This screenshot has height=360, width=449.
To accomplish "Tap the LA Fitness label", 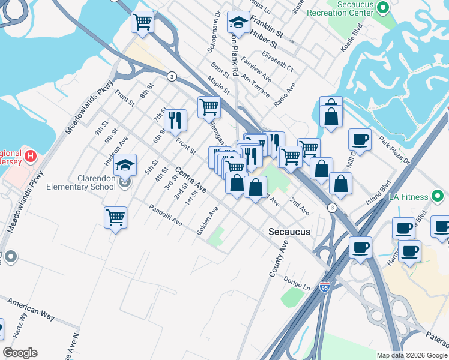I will [411, 197].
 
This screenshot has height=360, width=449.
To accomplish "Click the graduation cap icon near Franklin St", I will [238, 23].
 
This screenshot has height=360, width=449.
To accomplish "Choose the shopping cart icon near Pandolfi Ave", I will [115, 218].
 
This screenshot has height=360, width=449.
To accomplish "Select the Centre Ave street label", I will [191, 180].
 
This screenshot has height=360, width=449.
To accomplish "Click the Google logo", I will [20, 353].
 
